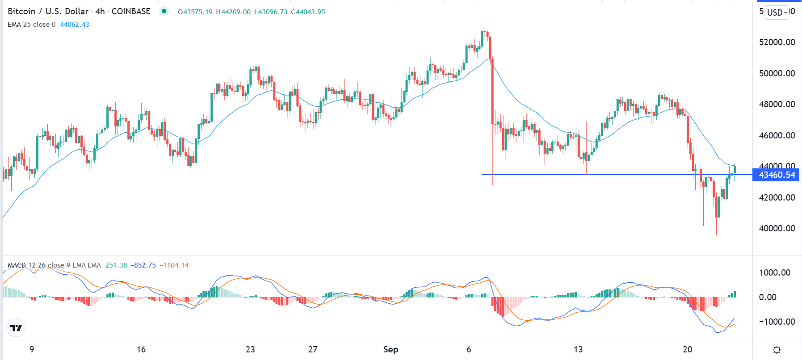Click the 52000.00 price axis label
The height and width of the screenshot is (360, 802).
777,42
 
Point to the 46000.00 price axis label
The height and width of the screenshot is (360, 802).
777,135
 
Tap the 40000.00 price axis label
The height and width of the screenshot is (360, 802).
777,228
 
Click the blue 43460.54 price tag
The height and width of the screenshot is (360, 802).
777,175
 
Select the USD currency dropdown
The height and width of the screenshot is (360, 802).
777,13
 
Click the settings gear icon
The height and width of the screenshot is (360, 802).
777,350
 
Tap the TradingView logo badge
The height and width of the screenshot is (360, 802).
16,328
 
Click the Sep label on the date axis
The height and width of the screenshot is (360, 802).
391,349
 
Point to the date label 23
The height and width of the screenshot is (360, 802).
250,349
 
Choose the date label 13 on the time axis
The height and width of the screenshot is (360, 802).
578,349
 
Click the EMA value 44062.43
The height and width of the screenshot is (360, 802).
75,25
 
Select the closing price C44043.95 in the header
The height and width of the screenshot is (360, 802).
308,12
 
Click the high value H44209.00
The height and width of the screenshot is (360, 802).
233,12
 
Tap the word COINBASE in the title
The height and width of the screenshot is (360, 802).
131,12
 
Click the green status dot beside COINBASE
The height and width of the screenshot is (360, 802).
164,12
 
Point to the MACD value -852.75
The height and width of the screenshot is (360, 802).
143,265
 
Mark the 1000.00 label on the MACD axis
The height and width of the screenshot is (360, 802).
777,272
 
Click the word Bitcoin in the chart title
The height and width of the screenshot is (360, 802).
21,12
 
